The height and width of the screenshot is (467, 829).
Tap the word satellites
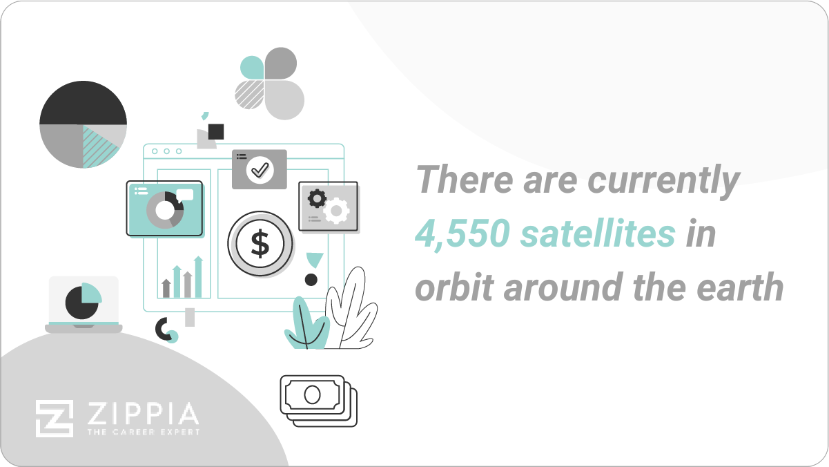pyautogui.click(x=598, y=235)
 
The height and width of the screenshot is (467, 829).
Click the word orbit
pyautogui.click(x=453, y=287)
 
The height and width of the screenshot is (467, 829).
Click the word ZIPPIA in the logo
pyautogui.click(x=143, y=414)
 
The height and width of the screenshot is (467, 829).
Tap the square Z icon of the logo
pyautogui.click(x=55, y=418)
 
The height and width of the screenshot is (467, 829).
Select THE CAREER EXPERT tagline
pyautogui.click(x=143, y=432)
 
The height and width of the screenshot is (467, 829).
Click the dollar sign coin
pyautogui.click(x=260, y=244)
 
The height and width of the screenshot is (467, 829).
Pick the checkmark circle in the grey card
pyautogui.click(x=260, y=169)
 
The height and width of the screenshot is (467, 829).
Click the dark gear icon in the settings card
pyautogui.click(x=317, y=198)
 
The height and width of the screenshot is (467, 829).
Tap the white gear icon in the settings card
pyautogui.click(x=336, y=210)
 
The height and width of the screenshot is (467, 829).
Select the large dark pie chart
pyautogui.click(x=83, y=124)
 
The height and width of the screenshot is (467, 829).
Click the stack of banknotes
pyautogui.click(x=318, y=401)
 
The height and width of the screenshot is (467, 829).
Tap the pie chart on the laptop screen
pyautogui.click(x=83, y=301)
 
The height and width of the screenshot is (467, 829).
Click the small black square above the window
pyautogui.click(x=216, y=131)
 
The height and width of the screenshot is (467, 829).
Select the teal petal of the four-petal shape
pyautogui.click(x=252, y=68)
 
